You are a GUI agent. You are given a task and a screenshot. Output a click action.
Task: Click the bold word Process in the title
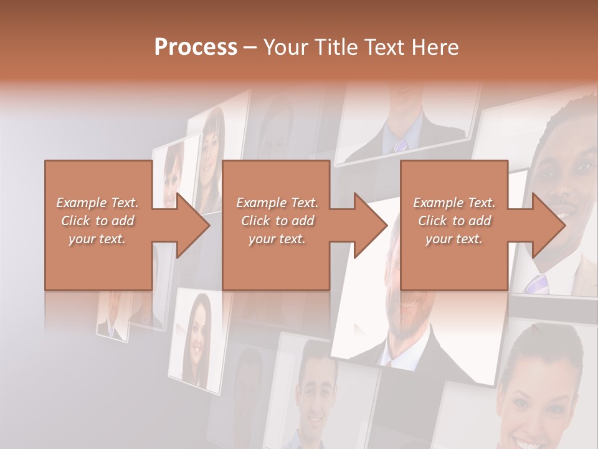(x=196, y=47)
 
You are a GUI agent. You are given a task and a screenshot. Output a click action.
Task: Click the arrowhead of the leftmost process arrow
(x=194, y=225)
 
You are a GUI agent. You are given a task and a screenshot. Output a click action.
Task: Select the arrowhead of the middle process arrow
(x=371, y=225)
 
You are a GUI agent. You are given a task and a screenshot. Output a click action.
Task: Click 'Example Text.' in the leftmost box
(x=97, y=203)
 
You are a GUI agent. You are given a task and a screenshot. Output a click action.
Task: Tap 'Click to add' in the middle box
(x=277, y=221)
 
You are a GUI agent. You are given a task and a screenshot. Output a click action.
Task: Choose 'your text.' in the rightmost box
(x=454, y=239)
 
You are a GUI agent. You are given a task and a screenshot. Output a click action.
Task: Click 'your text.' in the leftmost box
(x=97, y=239)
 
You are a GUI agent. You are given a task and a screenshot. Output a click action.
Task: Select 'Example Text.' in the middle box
(x=277, y=203)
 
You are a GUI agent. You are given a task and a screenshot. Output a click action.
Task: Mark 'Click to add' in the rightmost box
(x=454, y=221)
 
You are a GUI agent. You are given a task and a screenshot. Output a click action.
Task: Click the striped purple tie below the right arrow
(x=537, y=284)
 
